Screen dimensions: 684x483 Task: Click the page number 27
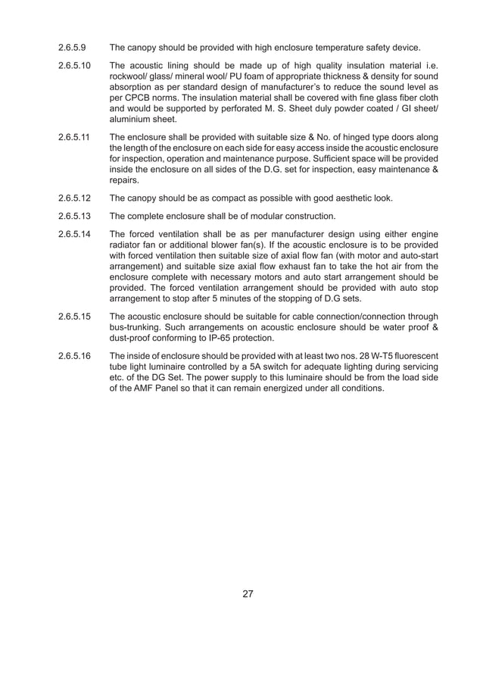pyautogui.click(x=248, y=593)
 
